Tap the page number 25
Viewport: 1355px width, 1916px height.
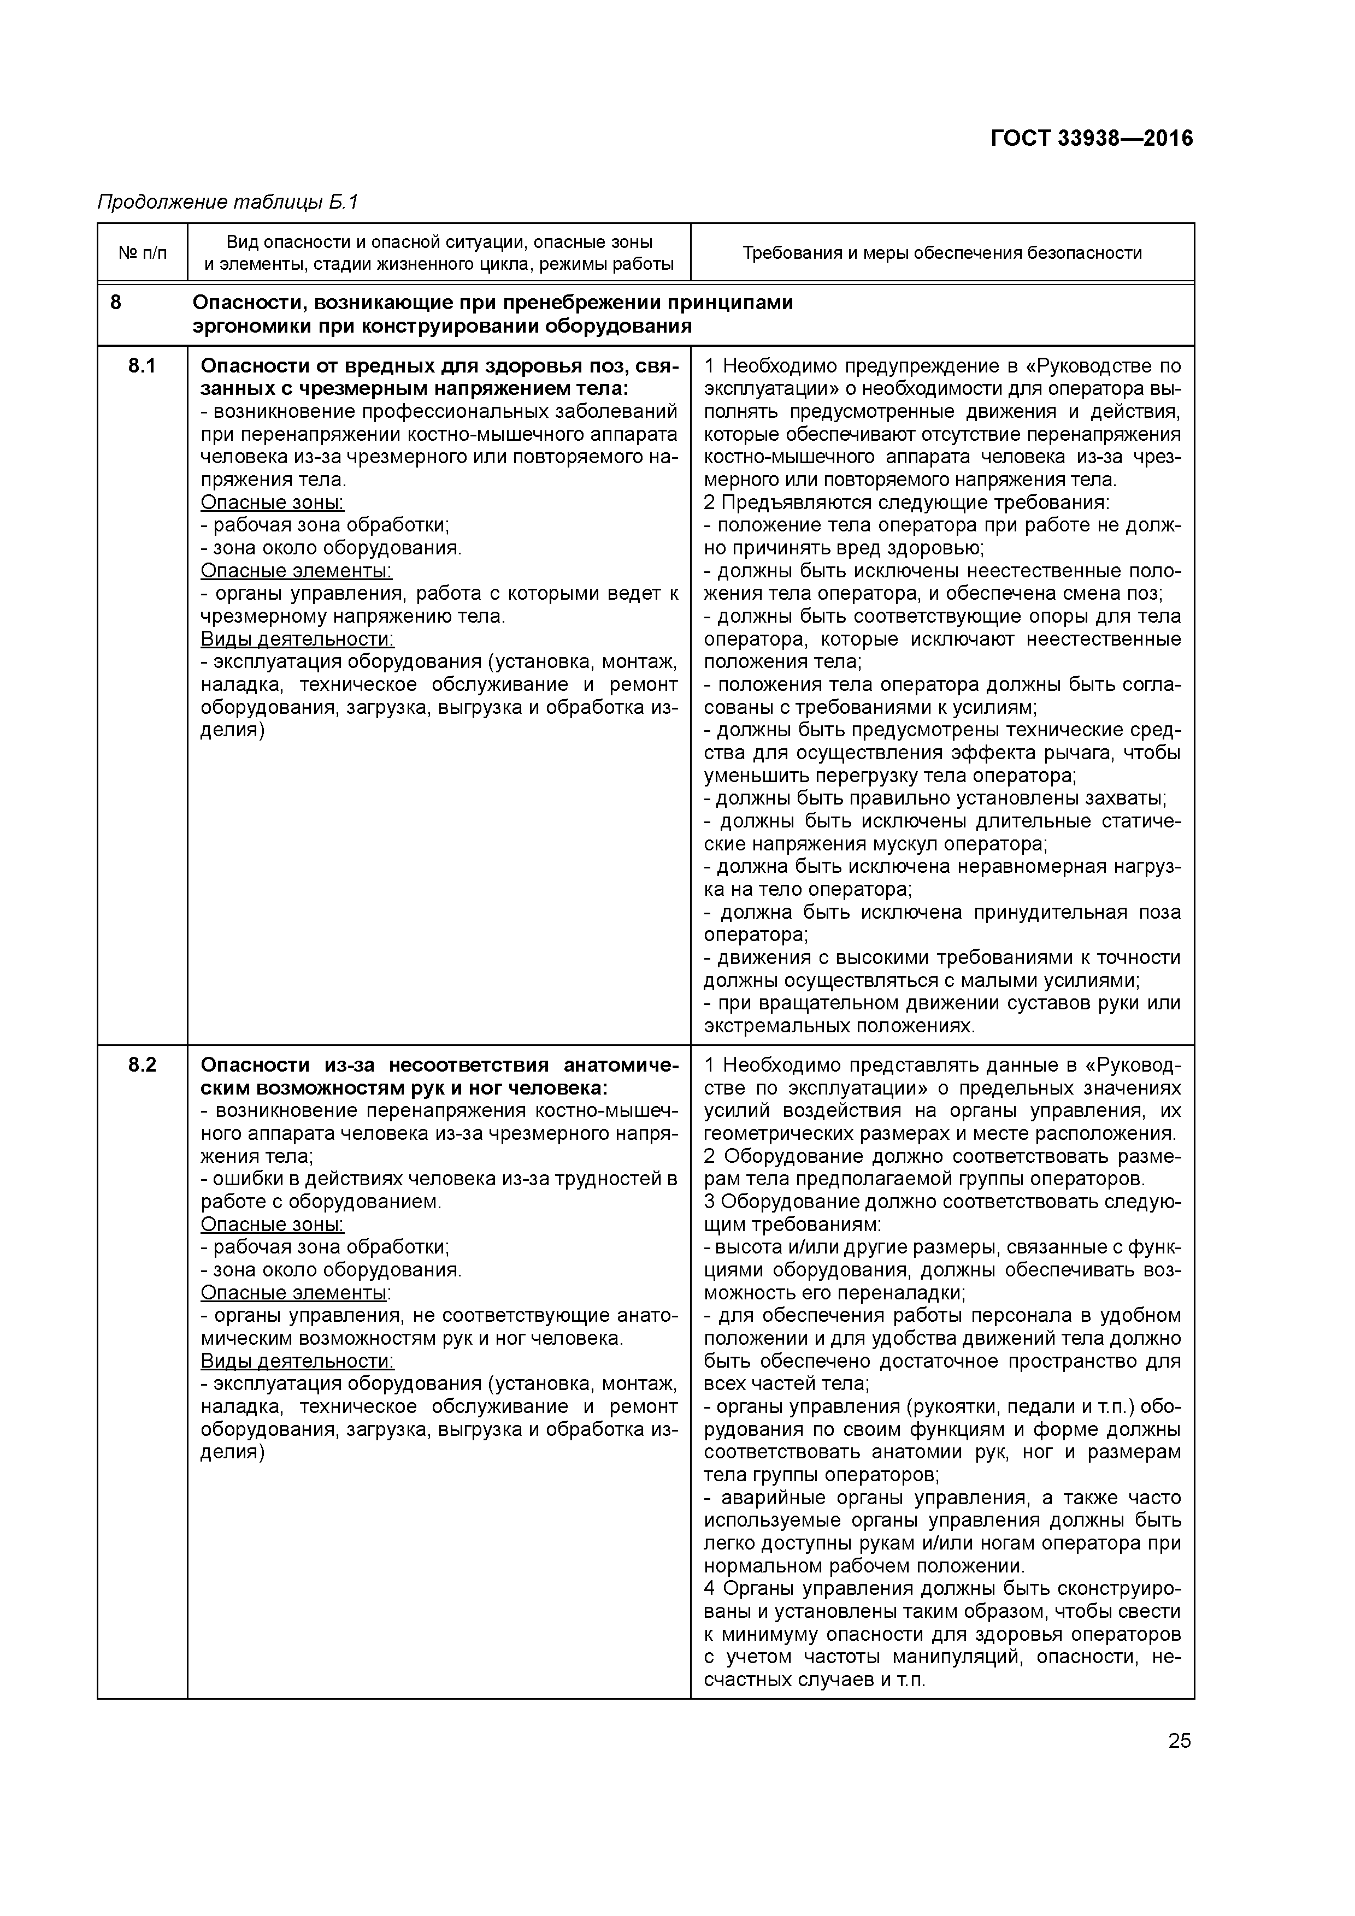pyautogui.click(x=1179, y=1740)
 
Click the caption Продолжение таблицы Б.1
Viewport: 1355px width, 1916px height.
pyautogui.click(x=228, y=202)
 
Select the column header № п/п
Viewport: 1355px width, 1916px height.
pyautogui.click(x=142, y=252)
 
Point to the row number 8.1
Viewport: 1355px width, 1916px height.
pyautogui.click(x=142, y=365)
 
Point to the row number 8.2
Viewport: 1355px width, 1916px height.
pyautogui.click(x=142, y=1065)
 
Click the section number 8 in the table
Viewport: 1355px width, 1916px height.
pyautogui.click(x=115, y=302)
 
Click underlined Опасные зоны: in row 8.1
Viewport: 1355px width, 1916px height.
pyautogui.click(x=272, y=502)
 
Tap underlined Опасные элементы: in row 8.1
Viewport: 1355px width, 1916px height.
pyautogui.click(x=296, y=571)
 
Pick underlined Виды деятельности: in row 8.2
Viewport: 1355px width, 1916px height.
pyautogui.click(x=297, y=1361)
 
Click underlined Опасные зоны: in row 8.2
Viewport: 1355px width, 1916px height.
pyautogui.click(x=272, y=1224)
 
